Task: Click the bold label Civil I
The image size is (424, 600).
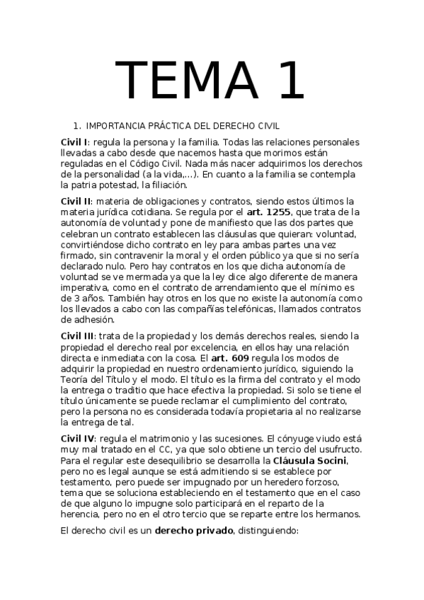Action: (x=74, y=142)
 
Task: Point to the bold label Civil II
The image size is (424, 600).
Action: (x=76, y=201)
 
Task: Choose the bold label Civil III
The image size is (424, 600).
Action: (x=78, y=335)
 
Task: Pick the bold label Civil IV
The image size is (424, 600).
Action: (x=78, y=437)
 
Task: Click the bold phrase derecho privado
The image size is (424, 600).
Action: (x=195, y=529)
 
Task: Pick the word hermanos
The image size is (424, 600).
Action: (x=336, y=514)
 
